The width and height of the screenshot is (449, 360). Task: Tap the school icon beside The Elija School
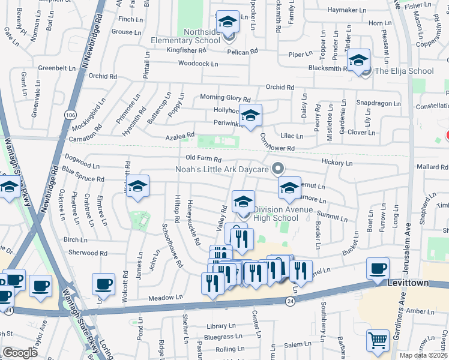click(358, 60)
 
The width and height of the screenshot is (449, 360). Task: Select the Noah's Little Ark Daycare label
click(221, 169)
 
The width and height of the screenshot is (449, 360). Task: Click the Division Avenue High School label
click(276, 214)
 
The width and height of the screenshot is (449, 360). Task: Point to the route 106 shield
click(71, 114)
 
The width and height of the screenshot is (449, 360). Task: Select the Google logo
click(20, 352)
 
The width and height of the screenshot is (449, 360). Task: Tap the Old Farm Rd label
click(203, 160)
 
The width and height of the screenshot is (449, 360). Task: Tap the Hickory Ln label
click(337, 163)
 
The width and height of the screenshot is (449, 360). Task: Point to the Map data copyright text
click(423, 355)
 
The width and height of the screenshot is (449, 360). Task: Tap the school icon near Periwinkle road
click(250, 115)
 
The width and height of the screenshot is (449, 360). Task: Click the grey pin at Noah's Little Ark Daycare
click(277, 169)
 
